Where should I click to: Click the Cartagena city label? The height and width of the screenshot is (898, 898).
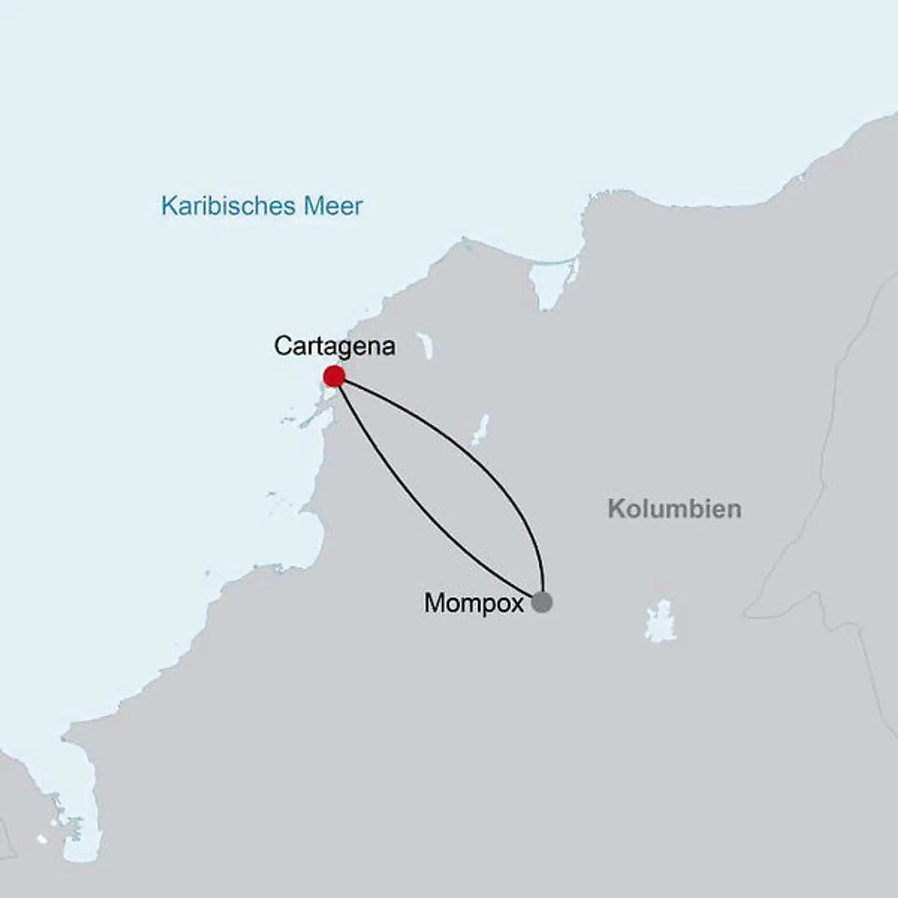(x=334, y=345)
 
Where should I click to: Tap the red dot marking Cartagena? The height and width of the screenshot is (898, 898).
(x=334, y=377)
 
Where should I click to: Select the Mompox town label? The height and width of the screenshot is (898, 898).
(x=473, y=603)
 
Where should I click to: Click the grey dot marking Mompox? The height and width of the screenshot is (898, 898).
(x=542, y=602)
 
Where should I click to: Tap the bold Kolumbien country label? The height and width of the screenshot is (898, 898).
(x=674, y=509)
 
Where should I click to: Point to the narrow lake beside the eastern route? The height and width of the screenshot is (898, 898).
(x=480, y=430)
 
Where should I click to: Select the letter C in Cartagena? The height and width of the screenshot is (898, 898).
(x=282, y=345)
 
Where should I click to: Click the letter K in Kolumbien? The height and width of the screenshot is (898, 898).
(x=616, y=509)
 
